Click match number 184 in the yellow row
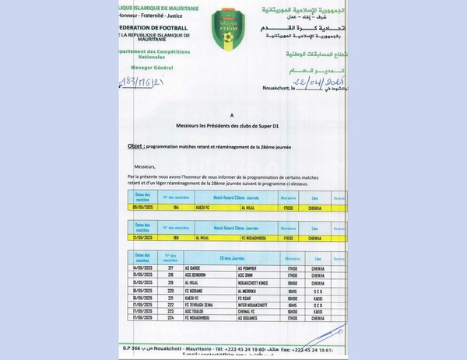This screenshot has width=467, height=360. coord(176,208)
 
